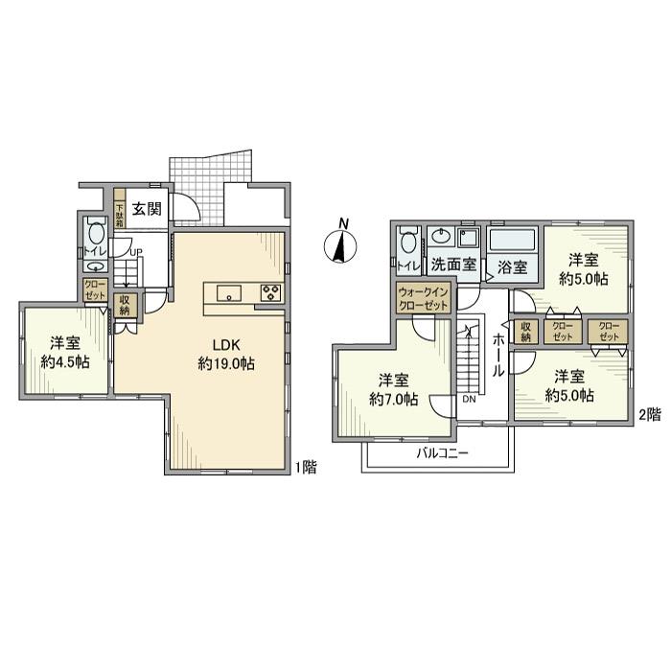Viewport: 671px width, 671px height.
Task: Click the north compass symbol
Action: click(x=341, y=244)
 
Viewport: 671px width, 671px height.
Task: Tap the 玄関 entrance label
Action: click(x=147, y=209)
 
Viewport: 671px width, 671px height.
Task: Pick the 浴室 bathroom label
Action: click(x=512, y=267)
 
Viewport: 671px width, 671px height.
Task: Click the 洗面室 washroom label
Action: click(x=453, y=264)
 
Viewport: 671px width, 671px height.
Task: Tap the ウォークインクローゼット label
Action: click(x=423, y=299)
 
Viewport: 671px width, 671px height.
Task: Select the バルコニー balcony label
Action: click(x=443, y=452)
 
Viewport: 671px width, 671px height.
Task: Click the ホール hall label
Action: click(x=497, y=355)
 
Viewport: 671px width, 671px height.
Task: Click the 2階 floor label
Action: click(x=650, y=414)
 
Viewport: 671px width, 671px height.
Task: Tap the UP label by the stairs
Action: click(x=136, y=252)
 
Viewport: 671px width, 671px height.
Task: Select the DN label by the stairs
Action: click(x=469, y=400)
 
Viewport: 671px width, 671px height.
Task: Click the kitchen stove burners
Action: click(x=271, y=292)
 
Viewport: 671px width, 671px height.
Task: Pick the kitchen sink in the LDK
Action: click(x=229, y=293)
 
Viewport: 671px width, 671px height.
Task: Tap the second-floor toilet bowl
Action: click(x=409, y=242)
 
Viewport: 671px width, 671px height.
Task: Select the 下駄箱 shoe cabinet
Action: click(x=120, y=215)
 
